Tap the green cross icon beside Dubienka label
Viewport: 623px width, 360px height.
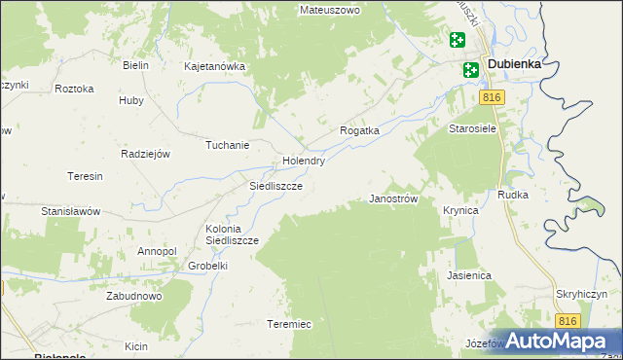pos(471,69)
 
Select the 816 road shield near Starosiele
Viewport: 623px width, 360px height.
pos(493,98)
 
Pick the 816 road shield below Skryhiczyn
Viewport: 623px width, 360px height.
pos(568,320)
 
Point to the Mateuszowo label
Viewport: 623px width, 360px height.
pos(330,10)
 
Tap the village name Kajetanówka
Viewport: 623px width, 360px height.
pos(214,67)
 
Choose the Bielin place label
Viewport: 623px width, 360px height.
pos(135,65)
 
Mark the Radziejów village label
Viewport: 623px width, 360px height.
pos(145,154)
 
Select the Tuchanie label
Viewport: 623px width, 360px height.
pos(227,145)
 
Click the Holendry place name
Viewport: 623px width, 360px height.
pos(303,161)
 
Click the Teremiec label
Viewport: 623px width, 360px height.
pos(289,324)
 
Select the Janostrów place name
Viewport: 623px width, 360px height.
pos(393,198)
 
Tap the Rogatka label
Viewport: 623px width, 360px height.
pos(358,129)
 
